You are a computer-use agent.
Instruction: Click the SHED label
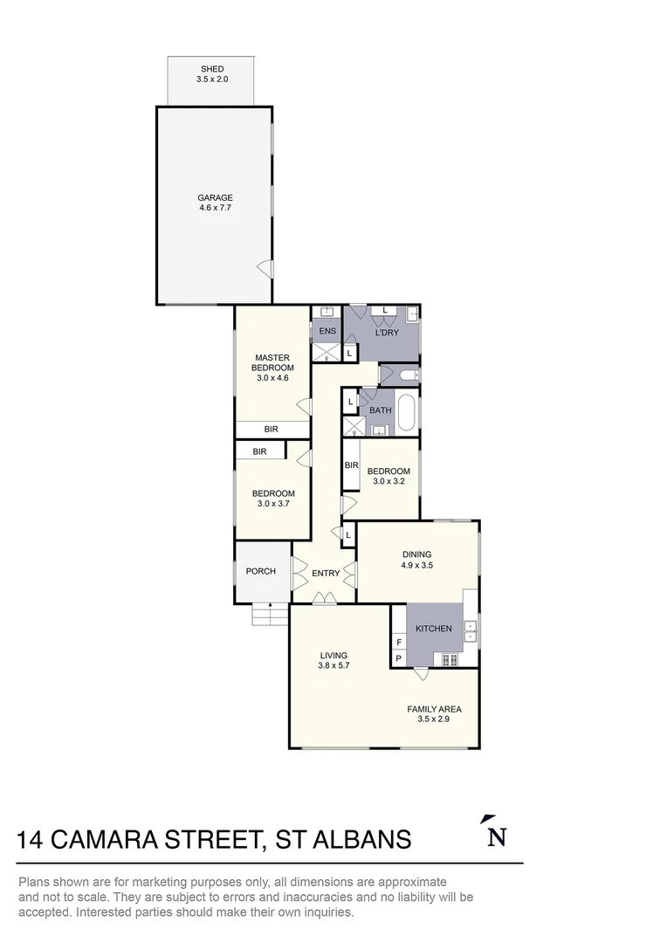[x=212, y=69]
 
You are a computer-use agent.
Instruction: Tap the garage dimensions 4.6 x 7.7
[x=216, y=208]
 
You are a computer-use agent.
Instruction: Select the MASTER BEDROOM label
[x=272, y=362]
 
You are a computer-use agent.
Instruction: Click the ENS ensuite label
[x=327, y=332]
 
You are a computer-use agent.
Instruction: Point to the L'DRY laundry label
[x=387, y=333]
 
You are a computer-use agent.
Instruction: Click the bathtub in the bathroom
[x=406, y=412]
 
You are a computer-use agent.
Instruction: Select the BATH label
[x=380, y=410]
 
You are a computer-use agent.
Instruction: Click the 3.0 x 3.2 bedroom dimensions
[x=389, y=481]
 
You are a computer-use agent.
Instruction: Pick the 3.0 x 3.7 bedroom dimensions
[x=273, y=504]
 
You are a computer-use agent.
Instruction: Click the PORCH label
[x=261, y=571]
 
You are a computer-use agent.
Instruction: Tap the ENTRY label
[x=326, y=574]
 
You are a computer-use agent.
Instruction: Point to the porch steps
[x=271, y=614]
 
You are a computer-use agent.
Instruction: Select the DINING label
[x=416, y=554]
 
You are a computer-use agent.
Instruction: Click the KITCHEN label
[x=434, y=629]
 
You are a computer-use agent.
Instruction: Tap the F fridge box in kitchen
[x=399, y=643]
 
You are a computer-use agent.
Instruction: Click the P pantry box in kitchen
[x=399, y=658]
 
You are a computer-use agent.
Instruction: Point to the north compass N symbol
[x=496, y=832]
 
